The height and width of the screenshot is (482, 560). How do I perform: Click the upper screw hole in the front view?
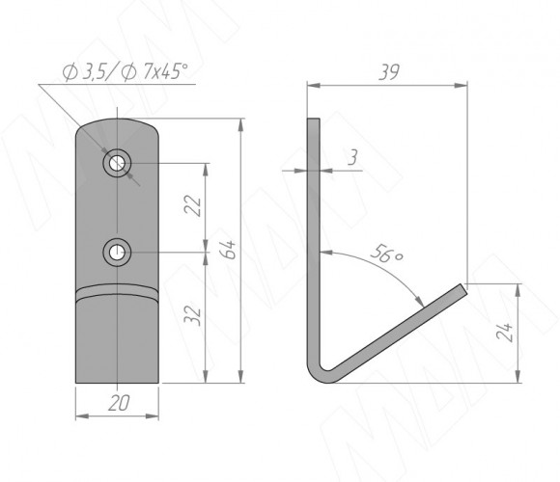(117, 163)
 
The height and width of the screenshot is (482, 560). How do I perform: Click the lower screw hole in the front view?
(117, 253)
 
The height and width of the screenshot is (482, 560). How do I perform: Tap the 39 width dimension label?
(388, 72)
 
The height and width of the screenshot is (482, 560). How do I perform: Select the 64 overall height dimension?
(228, 250)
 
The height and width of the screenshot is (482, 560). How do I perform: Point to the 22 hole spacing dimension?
(192, 205)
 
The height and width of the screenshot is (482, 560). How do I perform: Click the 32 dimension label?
(192, 316)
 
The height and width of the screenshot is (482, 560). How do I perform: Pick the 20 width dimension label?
(119, 403)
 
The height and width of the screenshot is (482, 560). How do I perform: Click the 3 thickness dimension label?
(352, 157)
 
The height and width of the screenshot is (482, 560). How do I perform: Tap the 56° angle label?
(386, 254)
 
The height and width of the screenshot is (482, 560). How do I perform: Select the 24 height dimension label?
(504, 333)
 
